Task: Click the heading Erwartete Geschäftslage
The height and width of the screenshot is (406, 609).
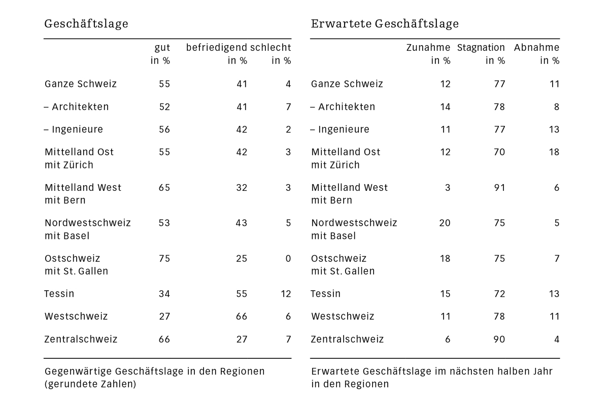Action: click(x=385, y=24)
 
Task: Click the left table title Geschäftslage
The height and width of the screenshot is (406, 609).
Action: click(x=86, y=24)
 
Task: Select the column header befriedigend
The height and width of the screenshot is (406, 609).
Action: click(x=217, y=48)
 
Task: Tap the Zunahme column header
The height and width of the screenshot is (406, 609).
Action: click(x=428, y=48)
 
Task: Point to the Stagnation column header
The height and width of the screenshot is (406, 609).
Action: click(x=481, y=48)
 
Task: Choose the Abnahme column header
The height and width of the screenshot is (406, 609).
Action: click(x=536, y=48)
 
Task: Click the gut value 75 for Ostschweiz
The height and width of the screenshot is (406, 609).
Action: click(x=164, y=258)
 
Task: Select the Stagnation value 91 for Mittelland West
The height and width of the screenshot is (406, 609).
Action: click(x=499, y=187)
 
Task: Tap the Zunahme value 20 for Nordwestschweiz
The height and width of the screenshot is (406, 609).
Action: click(x=445, y=223)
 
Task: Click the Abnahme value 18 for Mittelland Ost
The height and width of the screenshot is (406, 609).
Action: click(x=554, y=152)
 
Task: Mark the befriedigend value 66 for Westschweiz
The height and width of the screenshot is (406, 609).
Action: click(x=242, y=316)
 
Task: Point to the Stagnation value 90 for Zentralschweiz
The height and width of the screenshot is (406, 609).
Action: click(x=499, y=339)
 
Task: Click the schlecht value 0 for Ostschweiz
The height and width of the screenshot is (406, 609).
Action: click(x=288, y=258)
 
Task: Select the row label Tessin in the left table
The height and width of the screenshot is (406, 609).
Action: click(x=59, y=294)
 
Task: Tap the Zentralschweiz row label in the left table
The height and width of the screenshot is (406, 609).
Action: click(x=81, y=339)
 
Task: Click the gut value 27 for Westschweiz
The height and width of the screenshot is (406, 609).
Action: click(x=164, y=316)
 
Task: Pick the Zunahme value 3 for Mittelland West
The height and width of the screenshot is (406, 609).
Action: click(x=448, y=187)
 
